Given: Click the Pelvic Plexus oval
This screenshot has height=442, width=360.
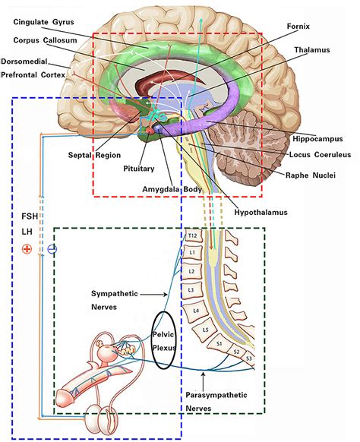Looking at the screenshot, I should pos(164,341).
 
